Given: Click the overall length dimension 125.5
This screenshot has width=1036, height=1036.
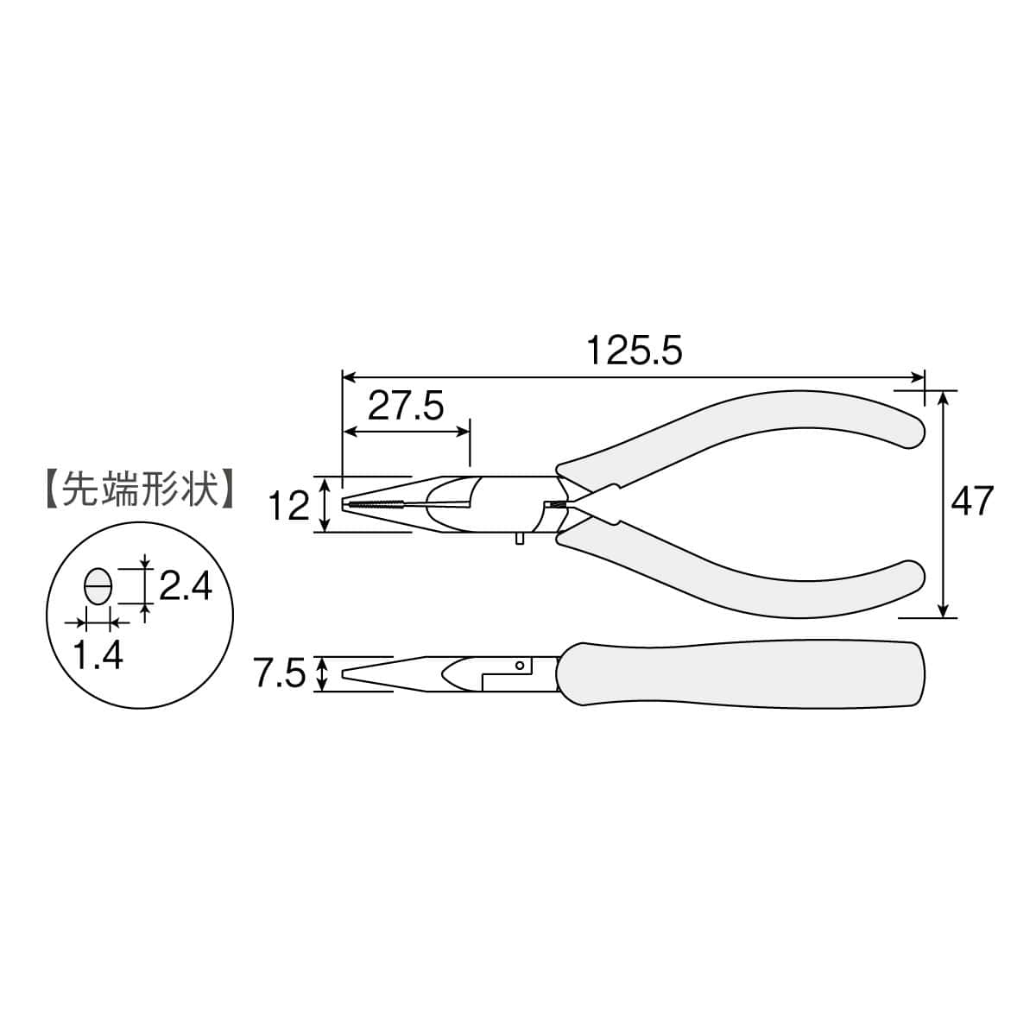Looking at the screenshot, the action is click(x=635, y=351).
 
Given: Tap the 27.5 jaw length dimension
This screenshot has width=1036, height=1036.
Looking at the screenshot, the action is click(x=406, y=406).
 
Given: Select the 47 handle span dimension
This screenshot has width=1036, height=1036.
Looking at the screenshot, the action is click(x=972, y=501).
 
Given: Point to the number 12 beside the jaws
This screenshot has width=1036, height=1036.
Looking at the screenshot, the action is click(x=290, y=506).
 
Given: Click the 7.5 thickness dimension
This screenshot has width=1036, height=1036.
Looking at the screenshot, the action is click(x=281, y=673).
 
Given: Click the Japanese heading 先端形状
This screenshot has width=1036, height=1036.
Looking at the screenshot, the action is click(x=141, y=490).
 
